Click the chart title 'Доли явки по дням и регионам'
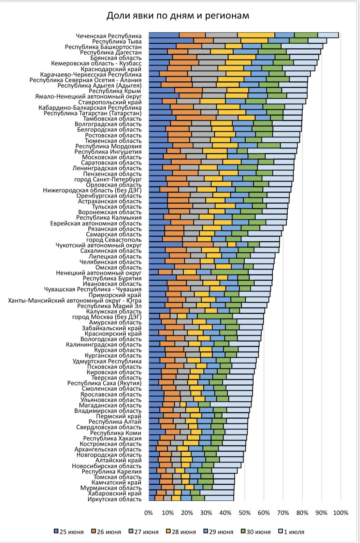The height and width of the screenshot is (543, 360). (x=178, y=16)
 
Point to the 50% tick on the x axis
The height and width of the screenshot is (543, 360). (x=244, y=513)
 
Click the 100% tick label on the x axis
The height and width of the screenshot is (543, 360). (x=340, y=513)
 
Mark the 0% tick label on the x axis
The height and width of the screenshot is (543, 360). (x=148, y=513)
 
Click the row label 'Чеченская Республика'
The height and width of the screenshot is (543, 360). (x=109, y=36)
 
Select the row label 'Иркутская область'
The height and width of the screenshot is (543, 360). (x=114, y=499)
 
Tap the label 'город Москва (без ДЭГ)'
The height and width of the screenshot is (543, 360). (x=107, y=317)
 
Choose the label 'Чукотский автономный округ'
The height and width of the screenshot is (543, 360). (x=99, y=245)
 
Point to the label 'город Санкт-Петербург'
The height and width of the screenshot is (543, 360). (x=108, y=179)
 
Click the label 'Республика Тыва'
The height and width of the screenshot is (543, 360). (x=117, y=41)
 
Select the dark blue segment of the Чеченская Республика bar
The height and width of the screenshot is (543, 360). (x=164, y=35)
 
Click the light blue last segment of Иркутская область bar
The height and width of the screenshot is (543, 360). (x=219, y=498)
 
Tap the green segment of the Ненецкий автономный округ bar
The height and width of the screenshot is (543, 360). (x=230, y=272)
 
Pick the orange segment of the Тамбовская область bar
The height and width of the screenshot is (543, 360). (x=196, y=118)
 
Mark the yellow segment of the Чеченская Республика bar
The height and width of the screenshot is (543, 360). (x=256, y=35)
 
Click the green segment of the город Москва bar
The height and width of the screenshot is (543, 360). (x=215, y=316)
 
